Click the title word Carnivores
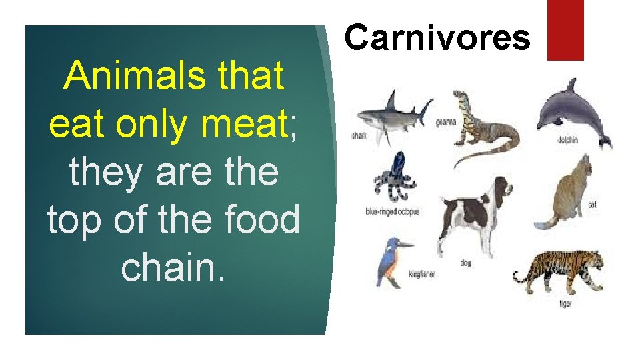click(x=437, y=37)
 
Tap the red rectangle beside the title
click(x=565, y=29)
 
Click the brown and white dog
click(x=475, y=213)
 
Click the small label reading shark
click(x=359, y=136)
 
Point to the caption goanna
click(x=445, y=122)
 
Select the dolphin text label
click(x=567, y=140)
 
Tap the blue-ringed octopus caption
click(x=393, y=212)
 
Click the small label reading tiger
click(x=565, y=304)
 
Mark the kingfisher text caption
click(x=421, y=273)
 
